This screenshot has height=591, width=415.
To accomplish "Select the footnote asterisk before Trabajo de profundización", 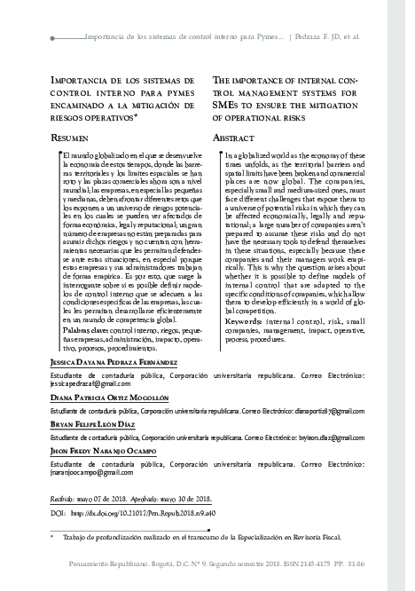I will [53, 536].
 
